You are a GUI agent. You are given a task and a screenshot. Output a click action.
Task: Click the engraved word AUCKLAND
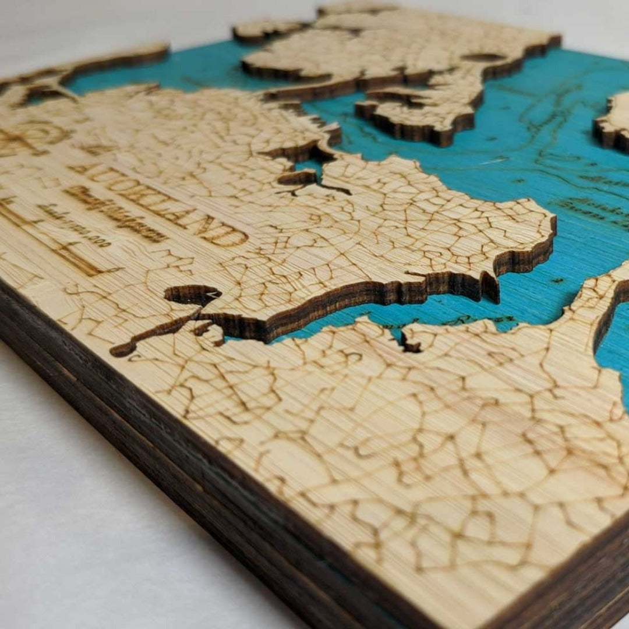click(157, 201)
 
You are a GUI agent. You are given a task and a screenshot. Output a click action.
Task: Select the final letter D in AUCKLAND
click(233, 237)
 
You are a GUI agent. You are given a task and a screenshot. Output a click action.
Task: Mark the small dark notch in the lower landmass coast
click(410, 344)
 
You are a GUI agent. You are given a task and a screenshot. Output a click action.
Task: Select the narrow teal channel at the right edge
click(612, 349)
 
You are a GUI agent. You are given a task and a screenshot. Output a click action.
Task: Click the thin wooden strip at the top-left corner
click(116, 58)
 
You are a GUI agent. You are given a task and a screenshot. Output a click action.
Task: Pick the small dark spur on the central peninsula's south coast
click(489, 288)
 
